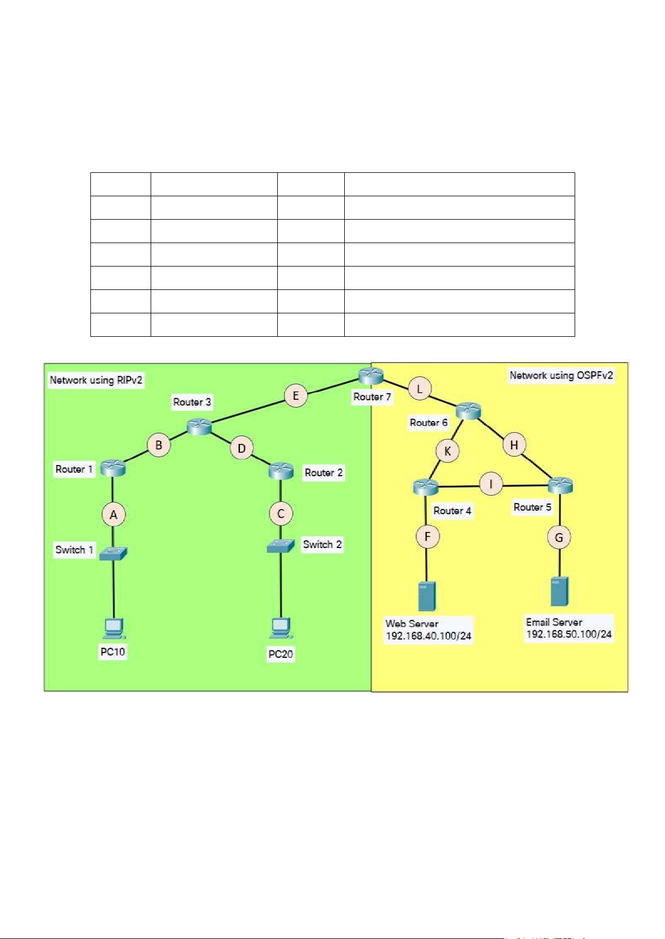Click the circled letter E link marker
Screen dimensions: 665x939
tap(296, 395)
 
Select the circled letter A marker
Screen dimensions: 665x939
tap(113, 515)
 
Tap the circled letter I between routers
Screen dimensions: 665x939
tap(491, 484)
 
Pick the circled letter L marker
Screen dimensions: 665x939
tap(420, 389)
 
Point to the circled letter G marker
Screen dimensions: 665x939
tap(559, 537)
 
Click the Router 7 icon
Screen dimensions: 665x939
tap(371, 376)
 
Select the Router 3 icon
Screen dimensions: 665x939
tap(199, 427)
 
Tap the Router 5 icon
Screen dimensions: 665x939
tap(561, 486)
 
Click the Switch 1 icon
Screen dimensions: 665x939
tap(113, 553)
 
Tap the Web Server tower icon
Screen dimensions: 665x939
tap(427, 596)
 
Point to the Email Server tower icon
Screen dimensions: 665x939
tap(560, 592)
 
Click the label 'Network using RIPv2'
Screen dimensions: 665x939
tap(96, 380)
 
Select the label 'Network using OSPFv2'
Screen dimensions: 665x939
tap(561, 375)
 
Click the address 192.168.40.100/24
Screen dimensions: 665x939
tap(428, 636)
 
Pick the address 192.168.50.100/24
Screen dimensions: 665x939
tap(569, 634)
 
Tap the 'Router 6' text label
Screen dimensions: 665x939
tap(428, 423)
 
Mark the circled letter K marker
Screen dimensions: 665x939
tap(447, 452)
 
